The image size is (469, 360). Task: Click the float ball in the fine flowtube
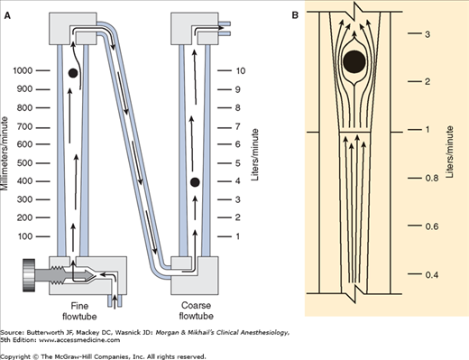point(73,73)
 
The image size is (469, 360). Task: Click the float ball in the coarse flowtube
point(195,182)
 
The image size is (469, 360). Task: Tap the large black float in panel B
point(354,61)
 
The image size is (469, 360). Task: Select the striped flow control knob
point(29,275)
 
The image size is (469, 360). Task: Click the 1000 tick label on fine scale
point(23,70)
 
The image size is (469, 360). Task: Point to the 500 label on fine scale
point(24,163)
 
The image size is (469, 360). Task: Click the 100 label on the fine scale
point(25,236)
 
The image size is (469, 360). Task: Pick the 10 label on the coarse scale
point(241,71)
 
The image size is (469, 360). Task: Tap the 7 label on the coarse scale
point(238,126)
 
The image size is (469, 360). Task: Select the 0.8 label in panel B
point(432,178)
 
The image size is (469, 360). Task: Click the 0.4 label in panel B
point(432,274)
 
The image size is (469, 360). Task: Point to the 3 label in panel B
point(428,34)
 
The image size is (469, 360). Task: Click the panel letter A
point(7,15)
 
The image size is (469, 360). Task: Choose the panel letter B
point(295,15)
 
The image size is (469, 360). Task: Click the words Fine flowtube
point(79,311)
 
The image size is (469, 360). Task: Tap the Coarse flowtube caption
point(196,310)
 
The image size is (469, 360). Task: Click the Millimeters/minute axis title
point(5,153)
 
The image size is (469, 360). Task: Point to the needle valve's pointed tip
point(95,274)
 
